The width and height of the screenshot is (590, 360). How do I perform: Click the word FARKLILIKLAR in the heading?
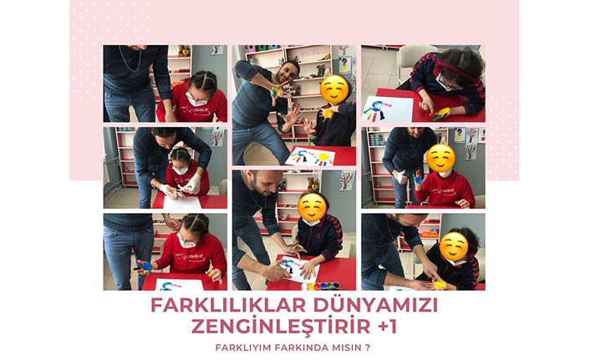click(x=228, y=305)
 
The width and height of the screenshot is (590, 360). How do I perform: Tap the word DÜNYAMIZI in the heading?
click(x=376, y=304)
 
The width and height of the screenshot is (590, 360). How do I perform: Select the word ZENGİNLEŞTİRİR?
click(x=281, y=326)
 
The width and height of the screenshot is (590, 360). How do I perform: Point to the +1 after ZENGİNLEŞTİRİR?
click(x=387, y=327)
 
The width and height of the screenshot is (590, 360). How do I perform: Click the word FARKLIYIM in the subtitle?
click(x=243, y=347)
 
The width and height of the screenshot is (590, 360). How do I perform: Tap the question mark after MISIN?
click(x=368, y=347)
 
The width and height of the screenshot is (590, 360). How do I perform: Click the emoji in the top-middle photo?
click(x=334, y=89)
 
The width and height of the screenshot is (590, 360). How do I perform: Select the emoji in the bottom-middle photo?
click(x=313, y=206)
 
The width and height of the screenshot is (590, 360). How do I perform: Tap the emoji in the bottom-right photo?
click(x=454, y=246)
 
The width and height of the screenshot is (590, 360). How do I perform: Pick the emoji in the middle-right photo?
click(x=440, y=158)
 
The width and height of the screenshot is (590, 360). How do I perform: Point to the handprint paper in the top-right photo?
click(x=387, y=109)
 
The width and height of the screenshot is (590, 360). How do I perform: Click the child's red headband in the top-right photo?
click(x=456, y=68)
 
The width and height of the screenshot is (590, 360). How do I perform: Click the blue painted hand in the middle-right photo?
click(x=418, y=177)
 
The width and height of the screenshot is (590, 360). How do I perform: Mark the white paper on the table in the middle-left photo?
click(x=182, y=203)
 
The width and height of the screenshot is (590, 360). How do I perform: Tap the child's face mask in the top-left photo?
click(x=196, y=100)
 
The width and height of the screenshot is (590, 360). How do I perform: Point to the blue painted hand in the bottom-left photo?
click(x=144, y=266)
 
